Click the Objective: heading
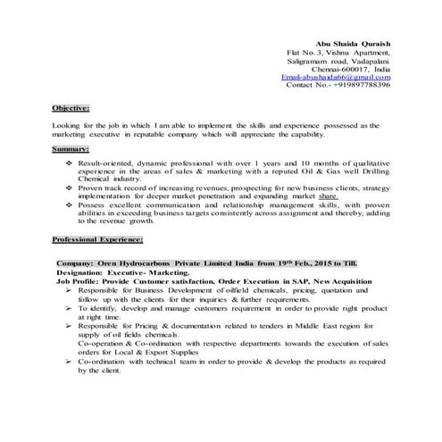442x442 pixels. click(71, 108)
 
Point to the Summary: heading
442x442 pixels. click(70, 148)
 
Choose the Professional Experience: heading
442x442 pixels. click(97, 241)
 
